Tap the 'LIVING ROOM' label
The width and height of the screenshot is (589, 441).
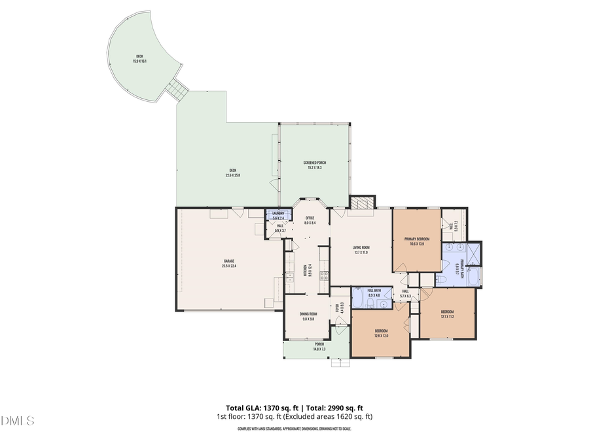(361, 248)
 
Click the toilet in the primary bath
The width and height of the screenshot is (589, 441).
(441, 280)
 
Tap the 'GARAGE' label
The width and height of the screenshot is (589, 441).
(229, 261)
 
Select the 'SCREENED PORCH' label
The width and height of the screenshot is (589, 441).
(314, 163)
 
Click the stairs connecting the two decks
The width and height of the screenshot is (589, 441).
(175, 90)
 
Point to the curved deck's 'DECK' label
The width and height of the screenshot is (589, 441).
(139, 56)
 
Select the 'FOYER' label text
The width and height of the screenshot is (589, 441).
(338, 306)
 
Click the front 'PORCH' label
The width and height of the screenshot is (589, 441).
(319, 344)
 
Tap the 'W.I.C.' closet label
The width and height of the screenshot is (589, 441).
(452, 225)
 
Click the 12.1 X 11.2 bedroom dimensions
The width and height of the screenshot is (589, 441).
(447, 316)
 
